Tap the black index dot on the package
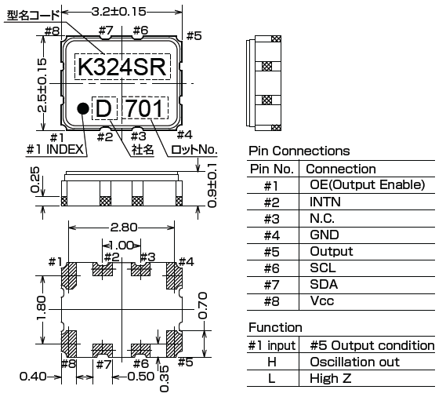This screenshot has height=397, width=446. pos(82,107)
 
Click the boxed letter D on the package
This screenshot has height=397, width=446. pos(103,108)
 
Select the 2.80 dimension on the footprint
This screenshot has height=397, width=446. pos(122,228)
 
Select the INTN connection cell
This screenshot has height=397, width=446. pos(326,202)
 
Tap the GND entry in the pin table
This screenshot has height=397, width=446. pos(325,235)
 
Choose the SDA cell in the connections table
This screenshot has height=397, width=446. pos(325,285)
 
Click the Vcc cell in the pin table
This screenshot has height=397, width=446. pos(323,302)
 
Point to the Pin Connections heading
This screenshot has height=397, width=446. pos(299,151)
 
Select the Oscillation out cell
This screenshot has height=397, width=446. pos(354,362)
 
